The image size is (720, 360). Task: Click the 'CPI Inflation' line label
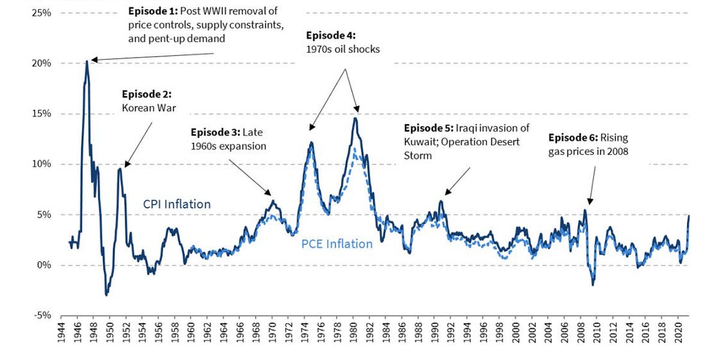tap(176, 204)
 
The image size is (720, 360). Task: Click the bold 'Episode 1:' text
tap(151, 11)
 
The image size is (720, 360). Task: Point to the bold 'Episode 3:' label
tap(214, 132)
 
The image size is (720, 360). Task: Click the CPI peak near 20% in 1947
tap(87, 61)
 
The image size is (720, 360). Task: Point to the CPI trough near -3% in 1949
tap(106, 295)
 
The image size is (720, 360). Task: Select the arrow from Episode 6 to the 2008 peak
tap(592, 184)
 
